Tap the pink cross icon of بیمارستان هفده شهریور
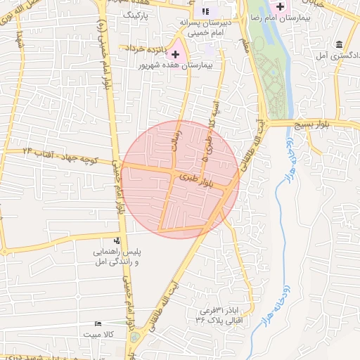tap(175, 54)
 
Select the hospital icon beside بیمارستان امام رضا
tap(280, 7)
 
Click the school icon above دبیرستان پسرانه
tap(205, 11)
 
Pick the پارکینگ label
tap(137, 14)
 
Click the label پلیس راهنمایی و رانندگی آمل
tap(118, 256)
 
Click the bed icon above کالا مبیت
tap(98, 324)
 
